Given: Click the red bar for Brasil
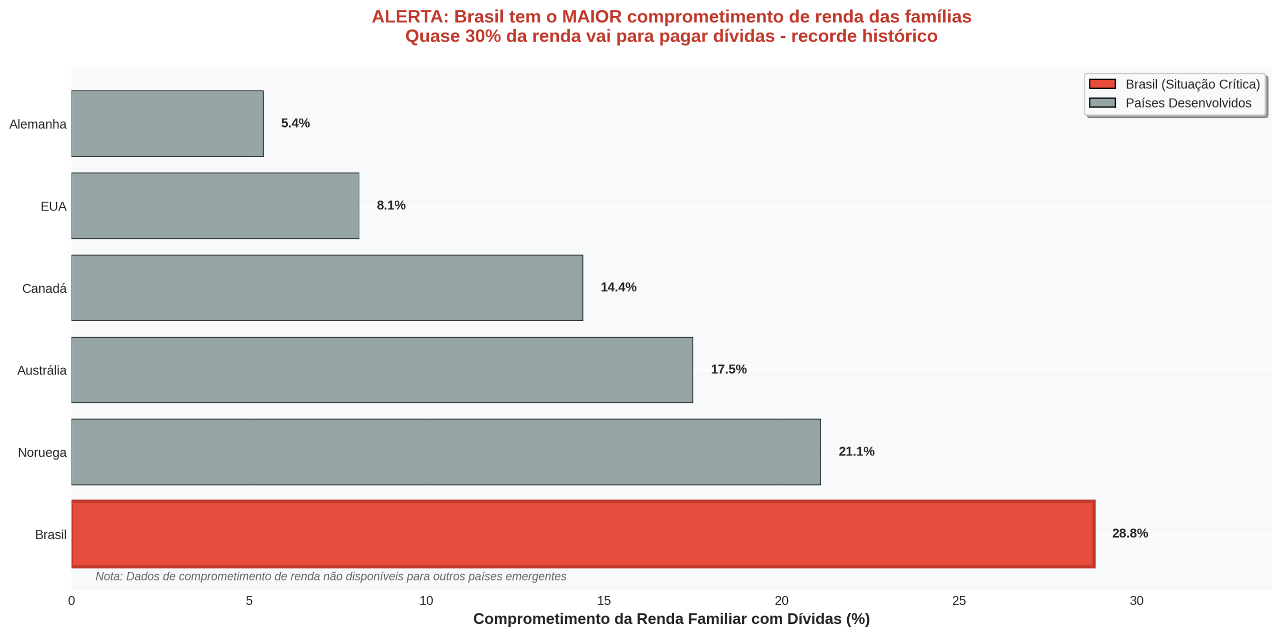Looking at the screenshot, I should pyautogui.click(x=583, y=533).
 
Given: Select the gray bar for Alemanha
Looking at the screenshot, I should pyautogui.click(x=167, y=123).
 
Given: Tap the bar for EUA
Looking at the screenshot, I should pyautogui.click(x=215, y=205).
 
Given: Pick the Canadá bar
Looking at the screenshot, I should pyautogui.click(x=327, y=287).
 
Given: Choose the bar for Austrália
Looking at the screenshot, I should pyautogui.click(x=382, y=369).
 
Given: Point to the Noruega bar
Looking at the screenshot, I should pyautogui.click(x=446, y=451).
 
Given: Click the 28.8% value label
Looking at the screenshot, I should pyautogui.click(x=1129, y=533).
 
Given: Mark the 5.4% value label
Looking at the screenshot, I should pyautogui.click(x=295, y=123).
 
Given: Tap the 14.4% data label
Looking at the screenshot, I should pyautogui.click(x=618, y=287).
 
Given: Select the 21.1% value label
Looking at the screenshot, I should pyautogui.click(x=856, y=451).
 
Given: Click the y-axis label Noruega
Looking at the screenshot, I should pyautogui.click(x=42, y=452).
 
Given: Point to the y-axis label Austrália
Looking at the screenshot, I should pyautogui.click(x=42, y=370).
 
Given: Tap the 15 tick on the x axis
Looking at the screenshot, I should pyautogui.click(x=603, y=600).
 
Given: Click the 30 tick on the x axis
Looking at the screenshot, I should pyautogui.click(x=1136, y=600).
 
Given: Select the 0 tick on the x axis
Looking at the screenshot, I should pyautogui.click(x=72, y=600).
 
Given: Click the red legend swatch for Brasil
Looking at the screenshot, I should pyautogui.click(x=1102, y=84).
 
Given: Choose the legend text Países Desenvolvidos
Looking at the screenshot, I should pyautogui.click(x=1188, y=103).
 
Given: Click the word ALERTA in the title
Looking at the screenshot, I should pyautogui.click(x=409, y=16).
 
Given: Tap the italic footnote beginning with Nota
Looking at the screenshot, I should pyautogui.click(x=331, y=576).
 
